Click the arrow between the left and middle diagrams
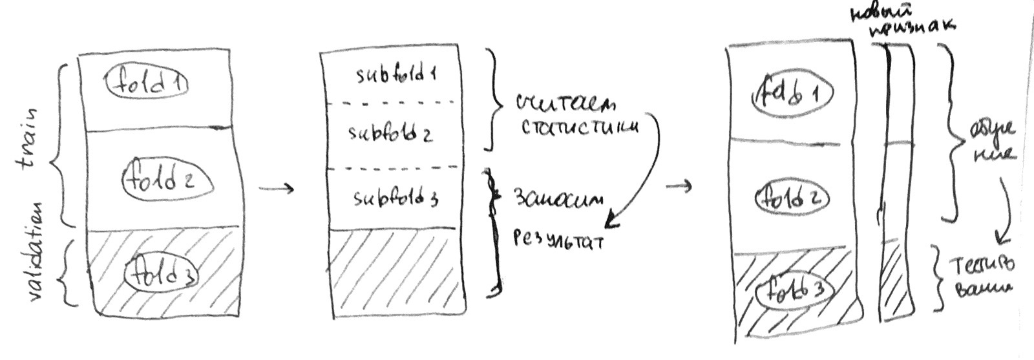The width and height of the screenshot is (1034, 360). point(276,189)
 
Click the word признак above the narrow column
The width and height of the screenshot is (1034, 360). point(911,28)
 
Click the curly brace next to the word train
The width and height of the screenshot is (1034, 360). point(59,142)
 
